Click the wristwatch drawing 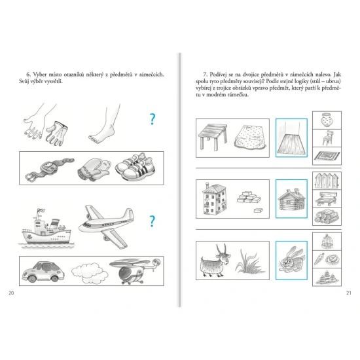pyautogui.click(x=49, y=170)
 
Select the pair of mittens pyautogui.click(x=94, y=169)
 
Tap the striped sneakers pyautogui.click(x=135, y=167)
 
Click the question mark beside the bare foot pyautogui.click(x=153, y=119)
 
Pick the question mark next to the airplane pyautogui.click(x=152, y=221)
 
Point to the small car pyautogui.click(x=43, y=271)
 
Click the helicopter pyautogui.click(x=135, y=271)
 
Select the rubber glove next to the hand pyautogui.click(x=56, y=134)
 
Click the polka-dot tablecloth pyautogui.click(x=251, y=137)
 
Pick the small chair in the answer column pyautogui.click(x=327, y=137)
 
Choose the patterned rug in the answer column pyautogui.click(x=327, y=156)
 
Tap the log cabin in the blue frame pyautogui.click(x=292, y=199)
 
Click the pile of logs pyautogui.click(x=327, y=217)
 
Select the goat pyautogui.click(x=215, y=261)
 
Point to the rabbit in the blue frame pyautogui.click(x=291, y=260)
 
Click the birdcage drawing pyautogui.click(x=327, y=242)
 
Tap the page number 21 pyautogui.click(x=349, y=293)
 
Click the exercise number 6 pyautogui.click(x=28, y=75)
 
